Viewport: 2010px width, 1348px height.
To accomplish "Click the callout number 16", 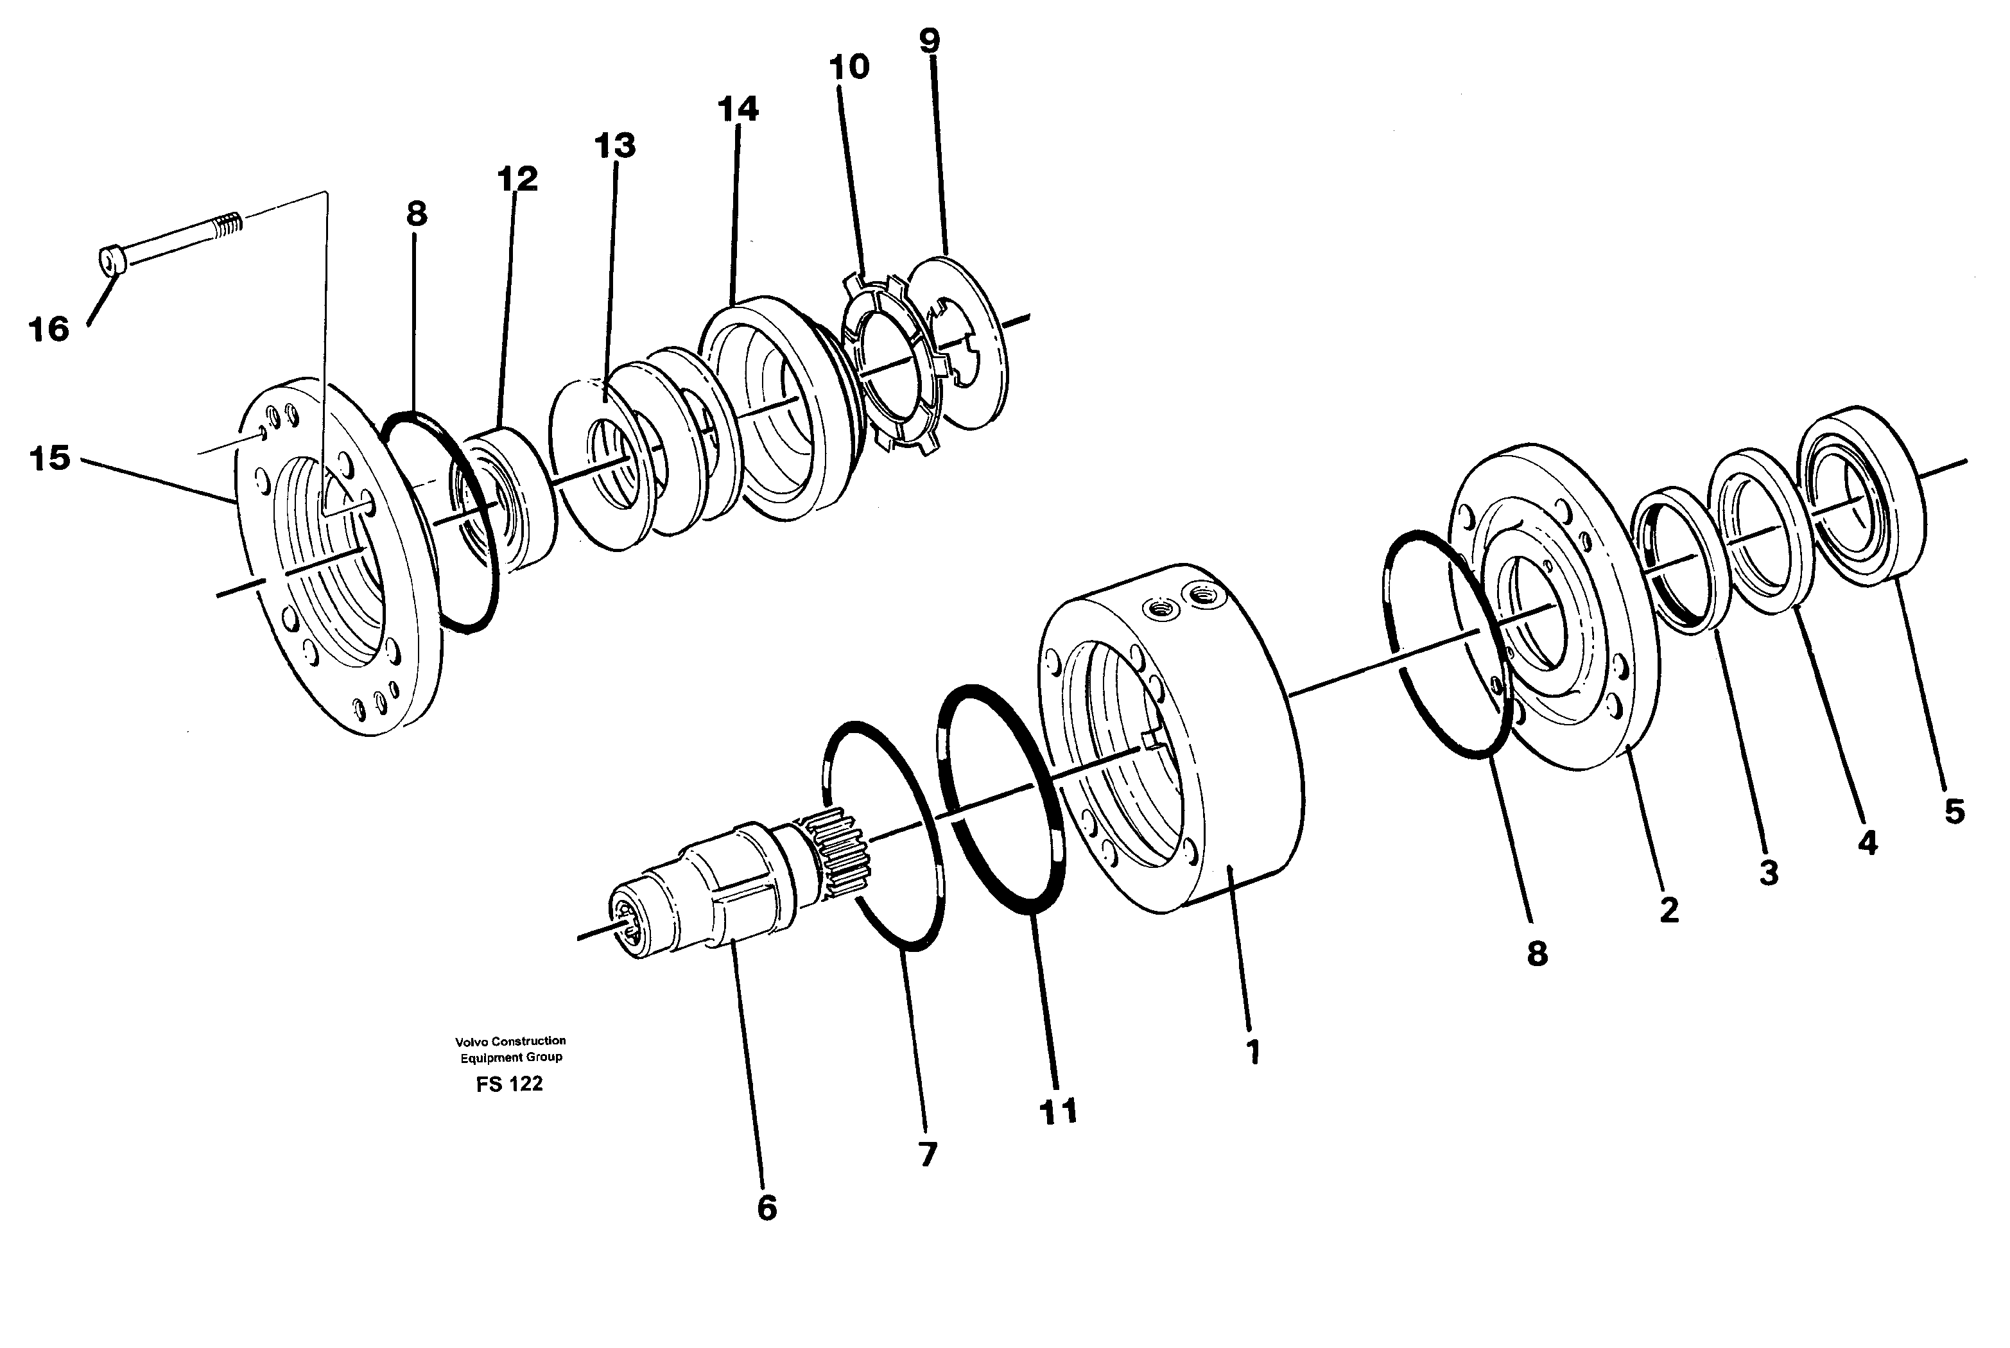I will (48, 329).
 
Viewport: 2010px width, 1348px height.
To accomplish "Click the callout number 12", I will (517, 179).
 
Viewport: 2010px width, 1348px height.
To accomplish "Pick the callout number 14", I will (738, 109).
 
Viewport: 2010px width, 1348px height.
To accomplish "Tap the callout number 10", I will (849, 66).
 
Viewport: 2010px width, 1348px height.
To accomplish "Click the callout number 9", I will (930, 40).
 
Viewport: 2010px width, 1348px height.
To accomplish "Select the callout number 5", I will (1954, 811).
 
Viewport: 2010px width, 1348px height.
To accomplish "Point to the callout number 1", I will (1254, 1051).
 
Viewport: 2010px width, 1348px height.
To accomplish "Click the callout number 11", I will (1059, 1112).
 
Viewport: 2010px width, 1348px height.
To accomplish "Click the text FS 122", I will (510, 1084).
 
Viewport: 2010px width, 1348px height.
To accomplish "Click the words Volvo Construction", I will (510, 1041).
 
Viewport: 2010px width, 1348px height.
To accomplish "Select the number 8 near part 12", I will (417, 213).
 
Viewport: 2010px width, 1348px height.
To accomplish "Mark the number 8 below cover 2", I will (1537, 953).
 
